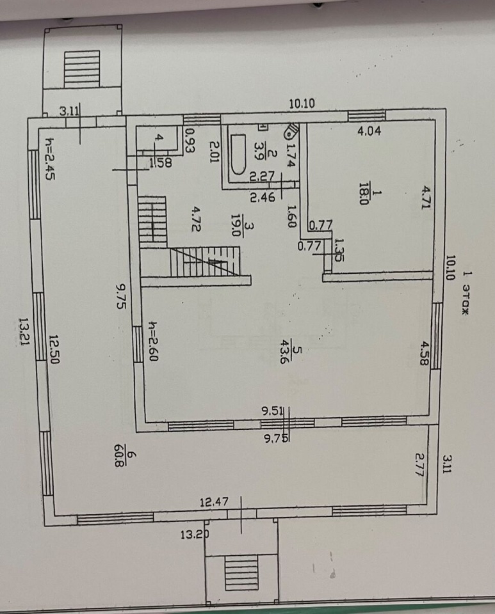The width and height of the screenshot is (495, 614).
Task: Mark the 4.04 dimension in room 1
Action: [x=369, y=133]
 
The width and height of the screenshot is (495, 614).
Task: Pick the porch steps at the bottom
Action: [x=241, y=571]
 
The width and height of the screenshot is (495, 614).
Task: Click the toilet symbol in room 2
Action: [x=291, y=131]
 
